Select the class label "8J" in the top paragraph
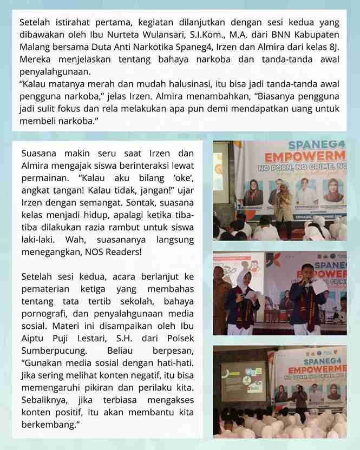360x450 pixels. click(334, 47)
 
